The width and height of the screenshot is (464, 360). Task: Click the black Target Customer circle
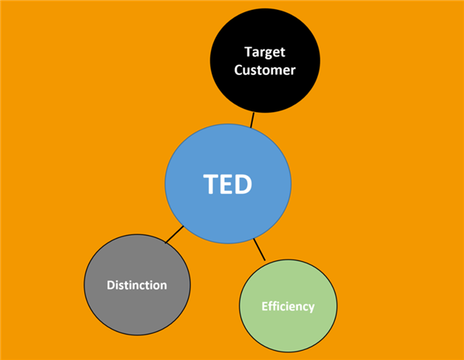point(264,60)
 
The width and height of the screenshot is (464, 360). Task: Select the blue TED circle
point(228,184)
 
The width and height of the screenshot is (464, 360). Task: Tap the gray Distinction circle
point(137,284)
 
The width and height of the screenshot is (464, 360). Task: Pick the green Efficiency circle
point(288,306)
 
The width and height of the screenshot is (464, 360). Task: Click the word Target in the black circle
point(264,53)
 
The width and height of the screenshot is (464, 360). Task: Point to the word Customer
point(264,70)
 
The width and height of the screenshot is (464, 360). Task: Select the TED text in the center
point(227,184)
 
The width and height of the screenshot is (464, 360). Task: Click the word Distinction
point(137,285)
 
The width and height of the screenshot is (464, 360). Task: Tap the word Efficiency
point(288,307)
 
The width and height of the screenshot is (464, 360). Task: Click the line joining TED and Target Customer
point(252,120)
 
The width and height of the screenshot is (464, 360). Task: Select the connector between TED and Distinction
point(174,235)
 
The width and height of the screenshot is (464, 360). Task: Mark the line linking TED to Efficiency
point(259,250)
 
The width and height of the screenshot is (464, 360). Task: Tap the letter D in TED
point(244,184)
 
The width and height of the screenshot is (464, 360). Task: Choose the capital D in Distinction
point(111,285)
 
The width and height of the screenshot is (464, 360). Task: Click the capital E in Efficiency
point(264,306)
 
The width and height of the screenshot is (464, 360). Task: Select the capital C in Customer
point(239,70)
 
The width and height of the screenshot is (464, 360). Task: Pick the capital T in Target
point(249,52)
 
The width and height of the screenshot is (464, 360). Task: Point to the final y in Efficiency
point(312,308)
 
